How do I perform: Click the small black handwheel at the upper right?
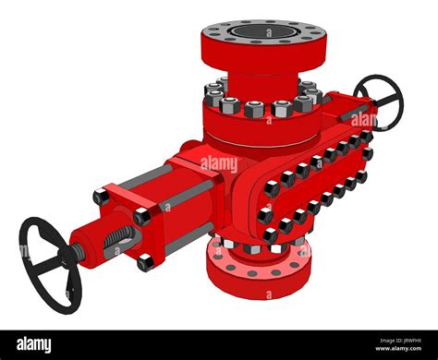click(x=380, y=102)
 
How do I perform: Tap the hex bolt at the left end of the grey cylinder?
click(x=101, y=197)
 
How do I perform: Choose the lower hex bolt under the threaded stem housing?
click(x=145, y=262)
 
